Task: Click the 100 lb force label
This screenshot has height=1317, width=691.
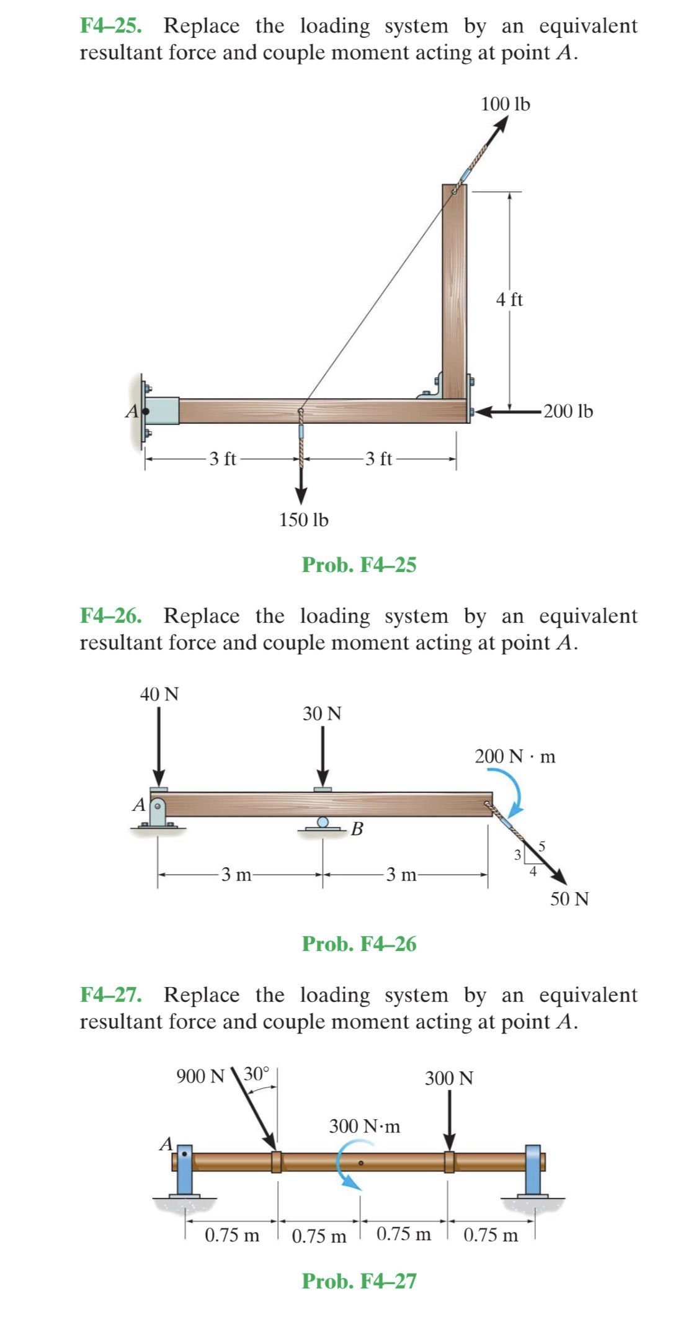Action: click(x=506, y=104)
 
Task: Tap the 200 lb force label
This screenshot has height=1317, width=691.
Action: click(x=568, y=411)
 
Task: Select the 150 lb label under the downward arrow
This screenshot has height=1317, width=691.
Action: click(x=303, y=520)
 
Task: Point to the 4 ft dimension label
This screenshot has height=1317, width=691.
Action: click(x=509, y=300)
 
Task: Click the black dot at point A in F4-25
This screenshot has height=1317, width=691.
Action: click(x=146, y=411)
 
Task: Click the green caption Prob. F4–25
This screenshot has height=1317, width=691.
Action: click(x=359, y=565)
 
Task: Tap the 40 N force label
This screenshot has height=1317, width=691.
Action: click(x=159, y=694)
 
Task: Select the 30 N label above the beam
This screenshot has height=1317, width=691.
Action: click(x=322, y=713)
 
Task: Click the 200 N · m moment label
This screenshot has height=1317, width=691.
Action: click(x=515, y=756)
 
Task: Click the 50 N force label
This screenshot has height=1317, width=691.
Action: click(x=569, y=898)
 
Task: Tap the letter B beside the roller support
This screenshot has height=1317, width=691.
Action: click(x=357, y=828)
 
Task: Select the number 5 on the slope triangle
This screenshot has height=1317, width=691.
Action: click(x=542, y=846)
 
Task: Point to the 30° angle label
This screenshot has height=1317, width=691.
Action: click(x=256, y=1073)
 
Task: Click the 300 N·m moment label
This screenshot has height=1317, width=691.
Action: click(x=364, y=1126)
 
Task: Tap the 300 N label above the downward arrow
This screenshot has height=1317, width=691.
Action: click(x=448, y=1078)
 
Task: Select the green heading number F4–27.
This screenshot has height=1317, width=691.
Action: click(x=110, y=994)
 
